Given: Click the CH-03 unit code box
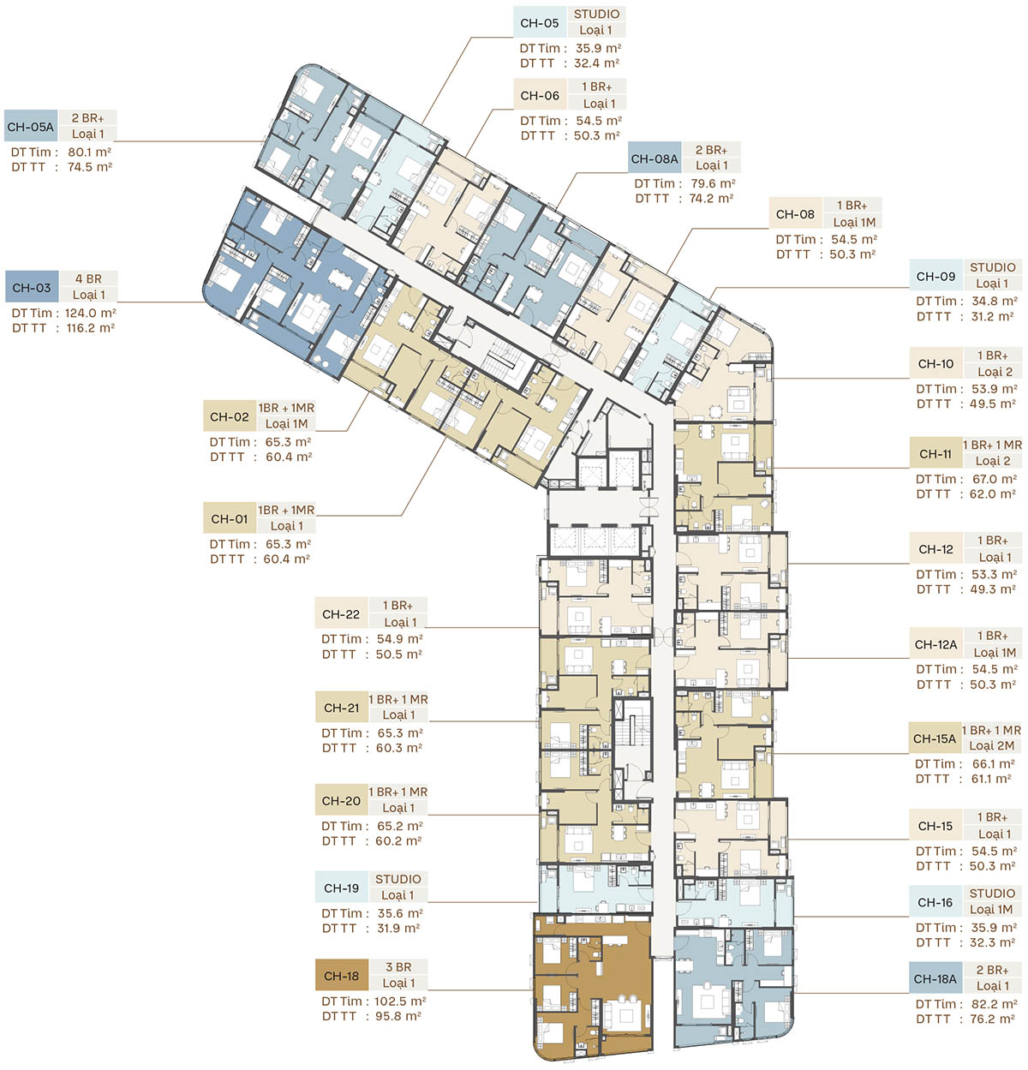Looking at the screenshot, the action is click(x=32, y=287).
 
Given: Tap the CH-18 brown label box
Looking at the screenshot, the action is click(x=342, y=976).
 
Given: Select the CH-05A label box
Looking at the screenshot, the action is click(x=31, y=127).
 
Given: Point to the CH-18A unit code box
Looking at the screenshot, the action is click(x=935, y=978).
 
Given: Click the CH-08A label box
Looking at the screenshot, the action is click(x=654, y=158).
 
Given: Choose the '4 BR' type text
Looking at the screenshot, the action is click(x=88, y=278).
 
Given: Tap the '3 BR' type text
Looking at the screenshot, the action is click(x=398, y=967).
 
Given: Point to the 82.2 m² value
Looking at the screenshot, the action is click(x=994, y=1003).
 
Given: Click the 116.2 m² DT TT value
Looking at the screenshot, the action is click(x=91, y=328).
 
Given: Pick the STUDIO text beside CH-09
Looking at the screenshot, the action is click(x=992, y=267).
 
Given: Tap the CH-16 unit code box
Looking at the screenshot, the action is click(x=935, y=902).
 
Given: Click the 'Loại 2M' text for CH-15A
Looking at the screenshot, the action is click(x=991, y=745).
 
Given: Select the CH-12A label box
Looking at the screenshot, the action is click(x=935, y=644).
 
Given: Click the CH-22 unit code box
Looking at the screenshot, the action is click(x=341, y=613).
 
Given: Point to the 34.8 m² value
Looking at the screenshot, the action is click(x=994, y=301).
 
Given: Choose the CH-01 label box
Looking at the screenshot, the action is click(x=230, y=518).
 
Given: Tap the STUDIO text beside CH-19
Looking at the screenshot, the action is click(x=398, y=879).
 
